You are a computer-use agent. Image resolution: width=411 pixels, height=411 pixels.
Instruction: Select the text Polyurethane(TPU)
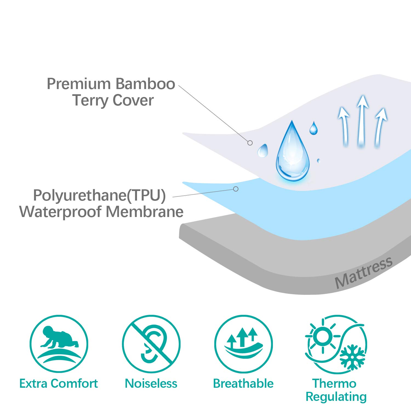(x=99, y=196)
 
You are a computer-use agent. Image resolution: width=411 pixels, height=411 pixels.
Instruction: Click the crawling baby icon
(x=59, y=337)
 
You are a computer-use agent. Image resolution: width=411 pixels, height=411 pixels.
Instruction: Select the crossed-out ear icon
(x=151, y=344)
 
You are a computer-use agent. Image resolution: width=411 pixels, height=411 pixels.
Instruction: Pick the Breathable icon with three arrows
(x=243, y=344)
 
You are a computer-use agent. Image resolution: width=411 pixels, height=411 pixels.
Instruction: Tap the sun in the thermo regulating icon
(x=322, y=335)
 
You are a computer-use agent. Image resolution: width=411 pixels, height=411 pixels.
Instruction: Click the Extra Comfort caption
(x=59, y=384)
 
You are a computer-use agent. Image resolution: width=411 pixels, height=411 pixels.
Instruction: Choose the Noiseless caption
(x=151, y=384)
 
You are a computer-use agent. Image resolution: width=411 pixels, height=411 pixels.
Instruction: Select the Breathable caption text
(x=243, y=384)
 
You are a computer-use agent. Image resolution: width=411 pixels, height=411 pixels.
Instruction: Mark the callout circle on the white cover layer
(x=250, y=143)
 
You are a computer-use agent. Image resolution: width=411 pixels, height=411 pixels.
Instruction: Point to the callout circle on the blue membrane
(x=236, y=189)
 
